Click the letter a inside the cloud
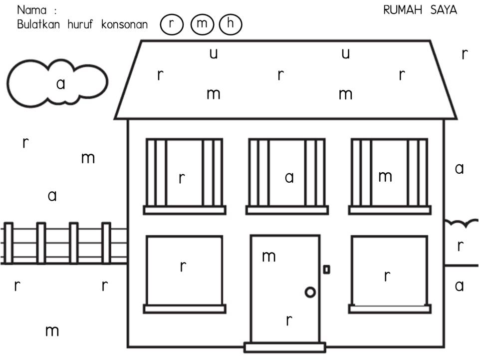coord(60,84)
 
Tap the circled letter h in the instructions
coord(230,24)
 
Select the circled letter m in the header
coord(202,24)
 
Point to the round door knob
coord(310,292)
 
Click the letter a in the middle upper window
coord(289,177)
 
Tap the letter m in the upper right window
coord(385,176)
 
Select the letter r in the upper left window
coord(182,178)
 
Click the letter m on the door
coord(269,257)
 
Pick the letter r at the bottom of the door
coord(289,320)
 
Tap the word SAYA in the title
coord(443,10)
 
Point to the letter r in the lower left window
coord(183,267)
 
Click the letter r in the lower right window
coord(387,276)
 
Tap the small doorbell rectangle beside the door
coord(326,270)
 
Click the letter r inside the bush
coord(461,246)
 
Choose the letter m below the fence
coord(52,331)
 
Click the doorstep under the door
coord(284,347)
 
